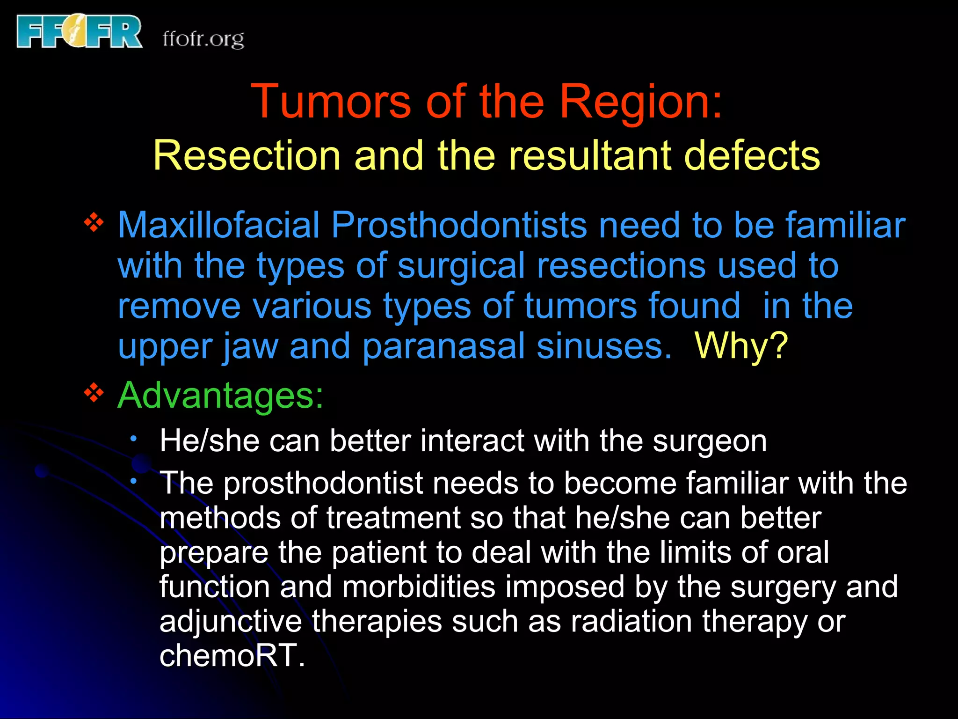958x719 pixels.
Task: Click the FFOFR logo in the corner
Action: click(x=79, y=32)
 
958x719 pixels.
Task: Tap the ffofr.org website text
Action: click(x=203, y=39)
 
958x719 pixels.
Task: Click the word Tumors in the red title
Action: click(x=331, y=101)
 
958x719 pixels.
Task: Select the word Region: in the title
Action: click(x=641, y=101)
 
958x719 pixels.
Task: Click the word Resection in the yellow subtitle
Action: click(x=247, y=155)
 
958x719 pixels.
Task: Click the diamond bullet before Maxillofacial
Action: click(x=94, y=222)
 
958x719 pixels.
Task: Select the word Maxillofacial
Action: click(x=218, y=226)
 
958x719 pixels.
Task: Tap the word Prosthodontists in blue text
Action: click(x=459, y=226)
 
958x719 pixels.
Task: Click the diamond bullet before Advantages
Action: click(x=94, y=392)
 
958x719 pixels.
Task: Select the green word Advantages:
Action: click(x=220, y=396)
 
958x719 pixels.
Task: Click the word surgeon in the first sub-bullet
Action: click(x=710, y=441)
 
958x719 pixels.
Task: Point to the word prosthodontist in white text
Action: click(x=323, y=483)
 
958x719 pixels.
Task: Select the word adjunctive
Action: click(x=231, y=622)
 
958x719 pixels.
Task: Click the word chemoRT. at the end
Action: click(x=232, y=655)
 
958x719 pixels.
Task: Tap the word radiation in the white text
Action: click(x=631, y=622)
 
